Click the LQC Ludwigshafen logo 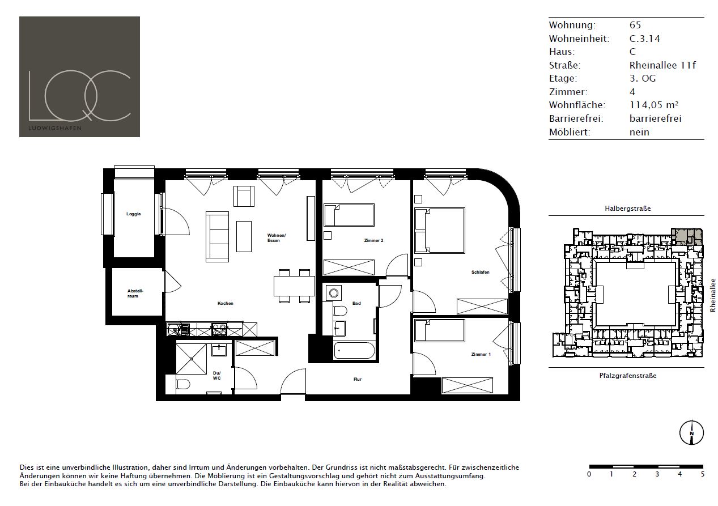(x=79, y=77)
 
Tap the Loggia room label (x=133, y=214)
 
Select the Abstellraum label (x=135, y=294)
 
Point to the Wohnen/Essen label (x=277, y=238)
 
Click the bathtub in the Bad (x=354, y=351)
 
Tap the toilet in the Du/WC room (x=183, y=384)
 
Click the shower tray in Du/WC (x=192, y=359)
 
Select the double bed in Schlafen (x=440, y=231)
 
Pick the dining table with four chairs (x=294, y=286)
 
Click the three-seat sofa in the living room (x=217, y=237)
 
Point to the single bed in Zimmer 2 (x=349, y=215)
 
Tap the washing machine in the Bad (x=334, y=293)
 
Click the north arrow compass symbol (x=692, y=432)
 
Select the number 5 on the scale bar (x=703, y=474)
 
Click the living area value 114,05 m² (x=654, y=105)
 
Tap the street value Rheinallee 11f (x=662, y=65)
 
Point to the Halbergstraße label (x=627, y=209)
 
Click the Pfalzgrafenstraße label (x=627, y=376)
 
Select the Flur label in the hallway (x=358, y=379)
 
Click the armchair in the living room (x=244, y=196)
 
